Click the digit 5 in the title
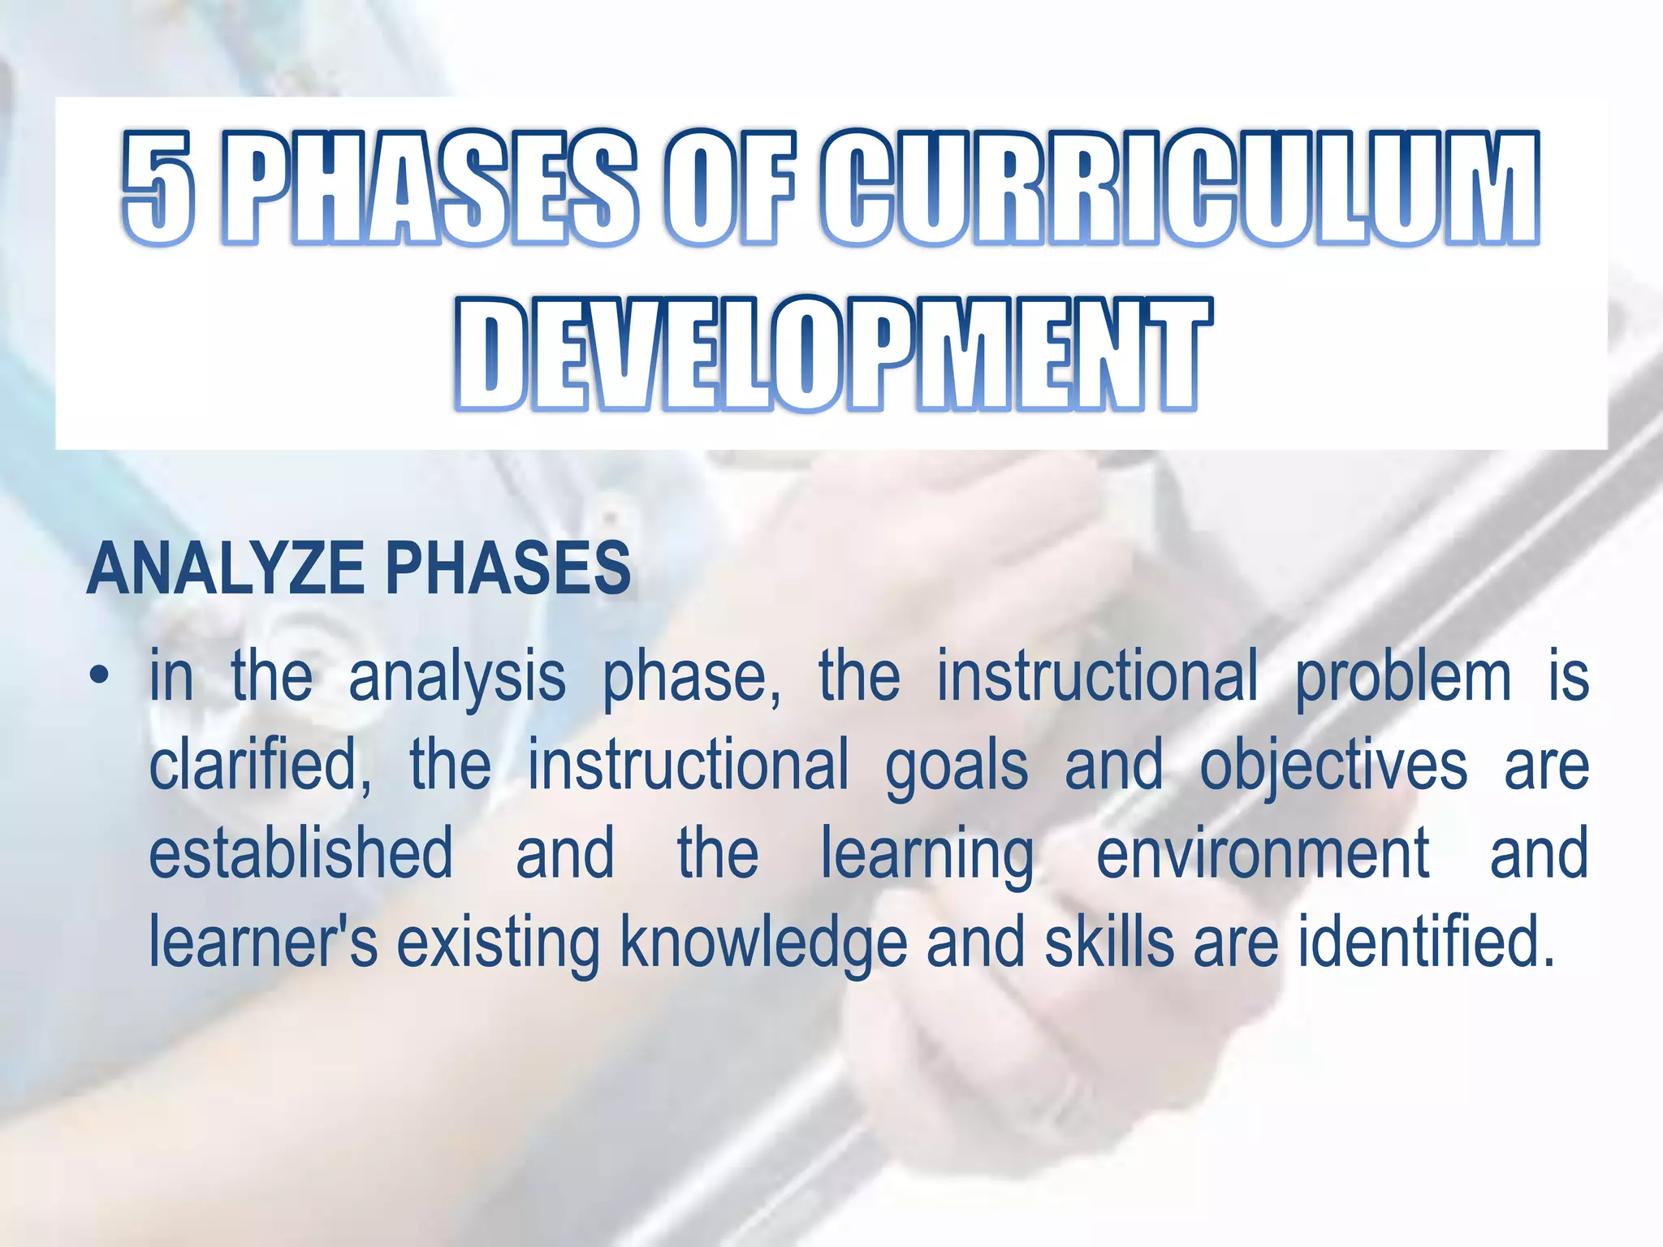[159, 188]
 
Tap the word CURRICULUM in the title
[1179, 188]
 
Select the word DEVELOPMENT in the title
[833, 354]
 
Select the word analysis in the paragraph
[457, 678]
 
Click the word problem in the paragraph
[1403, 678]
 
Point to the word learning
[927, 855]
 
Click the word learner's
[264, 942]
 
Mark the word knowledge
[763, 942]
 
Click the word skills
[1109, 942]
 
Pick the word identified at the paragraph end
[1425, 942]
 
